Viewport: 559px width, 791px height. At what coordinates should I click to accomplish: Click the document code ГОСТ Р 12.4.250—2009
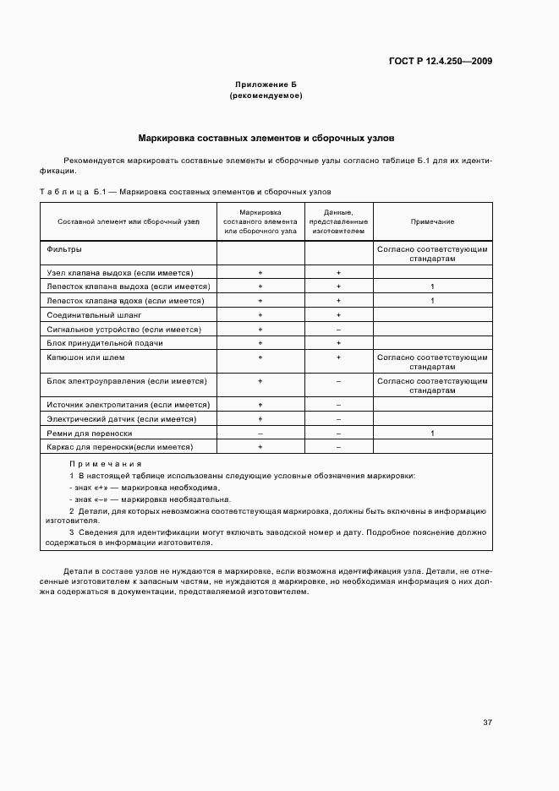[x=441, y=61]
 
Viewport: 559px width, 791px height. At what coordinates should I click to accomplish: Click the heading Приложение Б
[x=266, y=85]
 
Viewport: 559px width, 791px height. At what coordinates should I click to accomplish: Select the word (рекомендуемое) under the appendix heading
[x=266, y=95]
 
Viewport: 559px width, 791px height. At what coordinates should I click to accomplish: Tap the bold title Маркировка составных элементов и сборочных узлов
[x=266, y=137]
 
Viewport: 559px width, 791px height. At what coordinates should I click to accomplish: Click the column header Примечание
[x=432, y=221]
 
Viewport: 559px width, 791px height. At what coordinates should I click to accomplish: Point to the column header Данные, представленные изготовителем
[x=338, y=221]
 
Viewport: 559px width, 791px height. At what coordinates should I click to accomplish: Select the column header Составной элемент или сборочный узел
[x=129, y=221]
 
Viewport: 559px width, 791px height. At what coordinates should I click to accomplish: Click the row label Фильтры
[x=64, y=249]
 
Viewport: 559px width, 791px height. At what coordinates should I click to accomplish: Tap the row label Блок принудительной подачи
[x=93, y=343]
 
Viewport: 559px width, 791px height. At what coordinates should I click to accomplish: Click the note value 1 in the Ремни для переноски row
[x=432, y=433]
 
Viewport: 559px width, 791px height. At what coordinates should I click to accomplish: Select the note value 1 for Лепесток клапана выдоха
[x=432, y=286]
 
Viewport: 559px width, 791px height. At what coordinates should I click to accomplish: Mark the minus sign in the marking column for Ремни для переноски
[x=260, y=433]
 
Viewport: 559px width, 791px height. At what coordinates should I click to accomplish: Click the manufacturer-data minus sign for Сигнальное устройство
[x=338, y=329]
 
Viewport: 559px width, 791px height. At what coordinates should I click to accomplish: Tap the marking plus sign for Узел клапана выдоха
[x=260, y=273]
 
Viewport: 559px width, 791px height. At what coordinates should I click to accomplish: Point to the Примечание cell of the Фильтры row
[x=432, y=254]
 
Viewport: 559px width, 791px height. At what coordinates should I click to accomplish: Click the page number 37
[x=487, y=723]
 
